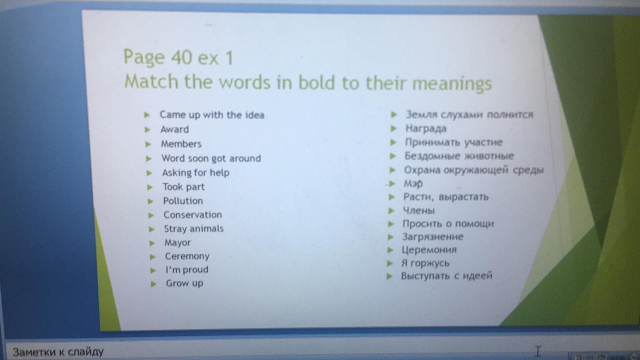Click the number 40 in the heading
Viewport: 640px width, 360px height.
[181, 57]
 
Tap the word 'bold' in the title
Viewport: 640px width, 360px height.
[317, 82]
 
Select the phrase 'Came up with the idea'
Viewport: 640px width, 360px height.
[212, 115]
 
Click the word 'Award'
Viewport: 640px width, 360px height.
[174, 129]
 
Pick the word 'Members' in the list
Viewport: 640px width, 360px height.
[181, 143]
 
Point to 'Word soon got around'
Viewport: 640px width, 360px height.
[211, 158]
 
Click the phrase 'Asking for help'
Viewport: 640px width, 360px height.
[196, 172]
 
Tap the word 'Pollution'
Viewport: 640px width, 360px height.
[183, 201]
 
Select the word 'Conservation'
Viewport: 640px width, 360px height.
[192, 215]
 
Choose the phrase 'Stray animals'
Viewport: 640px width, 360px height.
[193, 228]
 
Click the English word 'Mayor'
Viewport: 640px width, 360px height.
[177, 243]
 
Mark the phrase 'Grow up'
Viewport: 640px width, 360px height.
[184, 283]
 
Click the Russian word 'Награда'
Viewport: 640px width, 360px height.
[426, 129]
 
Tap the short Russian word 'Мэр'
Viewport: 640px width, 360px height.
[413, 183]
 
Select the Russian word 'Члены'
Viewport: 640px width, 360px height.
[419, 210]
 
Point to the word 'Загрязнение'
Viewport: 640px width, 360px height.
[433, 237]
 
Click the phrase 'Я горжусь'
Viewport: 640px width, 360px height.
[425, 263]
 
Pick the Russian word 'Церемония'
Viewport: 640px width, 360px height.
[429, 250]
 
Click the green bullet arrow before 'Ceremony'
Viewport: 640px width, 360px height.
[152, 257]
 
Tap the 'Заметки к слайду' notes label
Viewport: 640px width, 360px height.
[58, 351]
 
